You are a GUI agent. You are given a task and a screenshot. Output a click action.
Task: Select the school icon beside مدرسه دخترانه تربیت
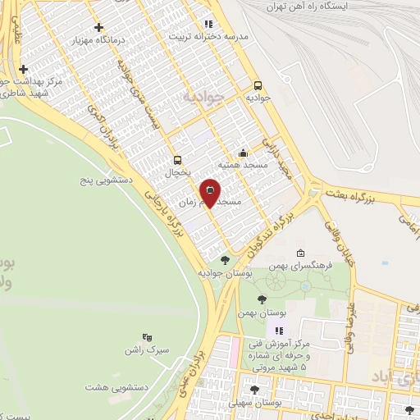(208, 24)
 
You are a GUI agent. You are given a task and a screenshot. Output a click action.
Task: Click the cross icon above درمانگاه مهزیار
(99, 27)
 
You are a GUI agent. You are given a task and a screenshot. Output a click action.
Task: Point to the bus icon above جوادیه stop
(258, 84)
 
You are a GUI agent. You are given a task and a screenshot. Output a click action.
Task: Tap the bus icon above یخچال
(177, 161)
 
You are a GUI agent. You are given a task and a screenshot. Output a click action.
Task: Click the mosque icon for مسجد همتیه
(243, 153)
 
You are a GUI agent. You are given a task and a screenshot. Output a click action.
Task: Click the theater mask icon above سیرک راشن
(148, 337)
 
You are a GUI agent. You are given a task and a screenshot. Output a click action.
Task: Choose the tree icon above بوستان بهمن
(261, 300)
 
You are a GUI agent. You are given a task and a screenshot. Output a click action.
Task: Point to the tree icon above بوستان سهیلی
(254, 390)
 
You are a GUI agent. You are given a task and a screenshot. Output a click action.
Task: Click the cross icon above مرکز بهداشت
(24, 69)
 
